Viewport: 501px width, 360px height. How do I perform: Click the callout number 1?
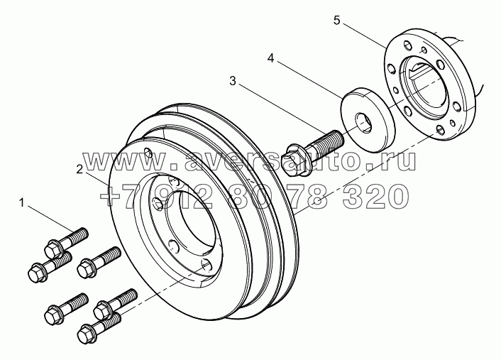click(23, 204)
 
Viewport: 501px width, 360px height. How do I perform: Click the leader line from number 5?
click(365, 36)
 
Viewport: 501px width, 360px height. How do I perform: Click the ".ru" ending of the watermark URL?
click(395, 163)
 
